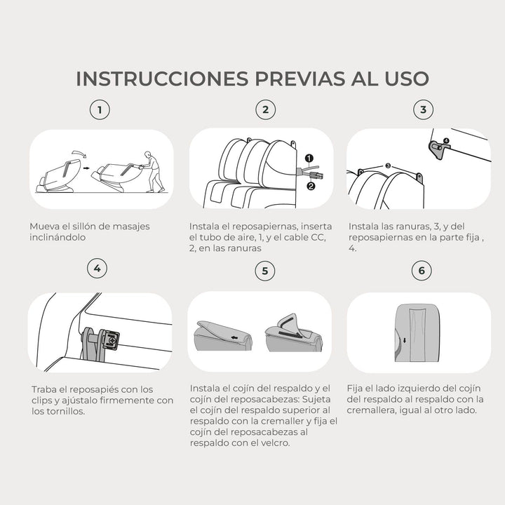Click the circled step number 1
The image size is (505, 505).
pyautogui.click(x=101, y=109)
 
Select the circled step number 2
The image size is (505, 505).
pyautogui.click(x=264, y=109)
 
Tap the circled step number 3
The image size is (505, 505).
pyautogui.click(x=422, y=109)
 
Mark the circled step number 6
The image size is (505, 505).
pyautogui.click(x=421, y=271)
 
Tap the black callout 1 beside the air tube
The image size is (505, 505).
pyautogui.click(x=309, y=159)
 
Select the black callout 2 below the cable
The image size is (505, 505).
pyautogui.click(x=310, y=186)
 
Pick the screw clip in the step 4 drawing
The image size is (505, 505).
pyautogui.click(x=109, y=340)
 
